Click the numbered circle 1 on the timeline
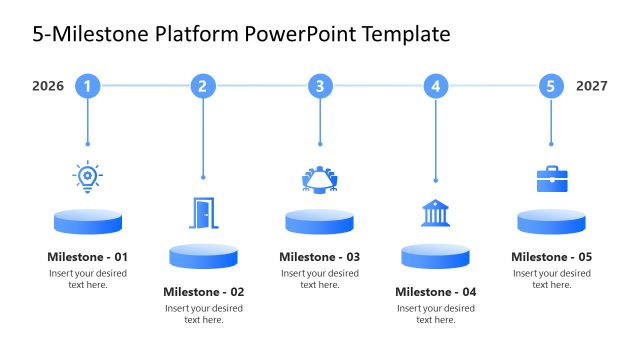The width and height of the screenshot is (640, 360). pos(88,86)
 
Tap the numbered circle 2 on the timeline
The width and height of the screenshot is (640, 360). pos(203,86)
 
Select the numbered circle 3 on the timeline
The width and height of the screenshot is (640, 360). pos(320,86)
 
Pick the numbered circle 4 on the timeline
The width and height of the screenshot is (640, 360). pos(435,86)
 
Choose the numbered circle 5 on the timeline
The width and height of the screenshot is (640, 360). pos(551,86)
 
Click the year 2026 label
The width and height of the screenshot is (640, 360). pos(48,86)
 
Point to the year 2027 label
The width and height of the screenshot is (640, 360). pos(592,86)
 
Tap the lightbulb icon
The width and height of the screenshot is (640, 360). pos(88,177)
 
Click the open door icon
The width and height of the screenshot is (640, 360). pos(203,212)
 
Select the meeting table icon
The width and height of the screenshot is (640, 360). pos(320,178)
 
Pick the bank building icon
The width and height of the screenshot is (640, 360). pos(435,213)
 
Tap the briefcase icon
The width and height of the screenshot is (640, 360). pos(551,178)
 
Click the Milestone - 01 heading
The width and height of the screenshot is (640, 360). pos(88,257)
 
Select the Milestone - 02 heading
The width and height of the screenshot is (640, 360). pos(204,292)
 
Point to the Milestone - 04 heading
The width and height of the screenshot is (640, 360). pos(436,292)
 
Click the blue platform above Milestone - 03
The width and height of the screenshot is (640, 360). pos(320,221)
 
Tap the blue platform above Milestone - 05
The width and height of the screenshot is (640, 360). pos(551,221)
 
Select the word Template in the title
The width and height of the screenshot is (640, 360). pos(401,35)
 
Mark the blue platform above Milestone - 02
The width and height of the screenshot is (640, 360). pos(204,256)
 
